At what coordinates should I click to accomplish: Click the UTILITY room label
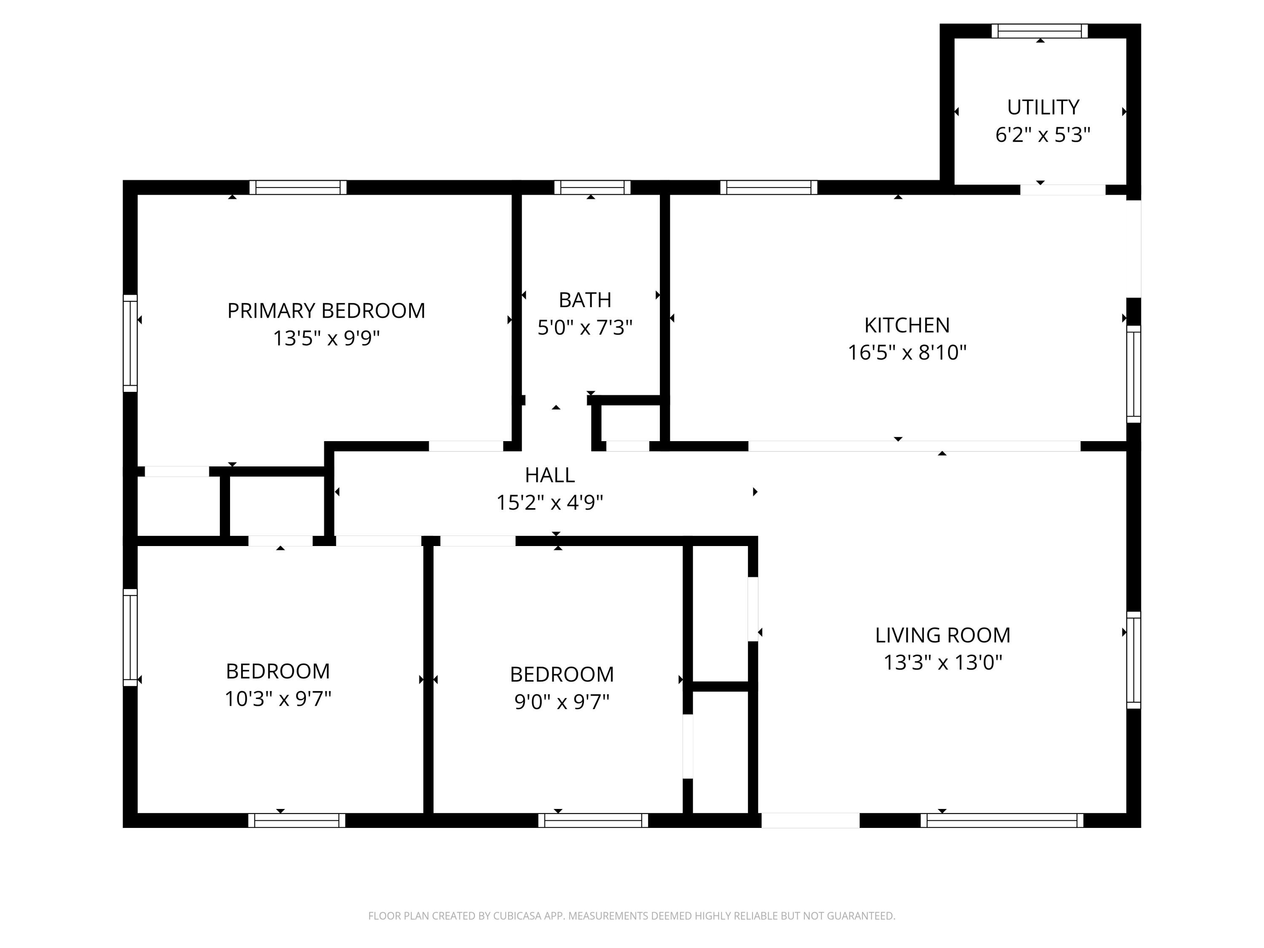(1043, 107)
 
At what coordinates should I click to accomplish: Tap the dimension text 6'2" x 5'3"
(1043, 135)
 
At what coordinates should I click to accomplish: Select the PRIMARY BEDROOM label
(326, 311)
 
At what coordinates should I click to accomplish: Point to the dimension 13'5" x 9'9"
(326, 338)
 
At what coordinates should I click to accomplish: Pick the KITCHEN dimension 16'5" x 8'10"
(907, 353)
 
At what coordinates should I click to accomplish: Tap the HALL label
(550, 475)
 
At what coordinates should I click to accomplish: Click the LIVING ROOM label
(943, 635)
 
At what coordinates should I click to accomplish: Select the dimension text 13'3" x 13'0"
(943, 663)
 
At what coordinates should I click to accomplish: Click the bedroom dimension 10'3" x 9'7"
(278, 699)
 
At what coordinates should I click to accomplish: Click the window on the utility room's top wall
(1039, 31)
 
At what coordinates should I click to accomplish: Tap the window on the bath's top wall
(592, 187)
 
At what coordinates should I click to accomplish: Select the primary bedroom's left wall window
(130, 343)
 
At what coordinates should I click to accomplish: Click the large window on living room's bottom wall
(1002, 821)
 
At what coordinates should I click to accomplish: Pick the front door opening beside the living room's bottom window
(810, 821)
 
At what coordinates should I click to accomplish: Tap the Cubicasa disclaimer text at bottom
(632, 916)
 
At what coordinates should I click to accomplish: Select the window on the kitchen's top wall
(769, 187)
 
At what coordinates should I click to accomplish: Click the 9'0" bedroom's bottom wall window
(593, 821)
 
